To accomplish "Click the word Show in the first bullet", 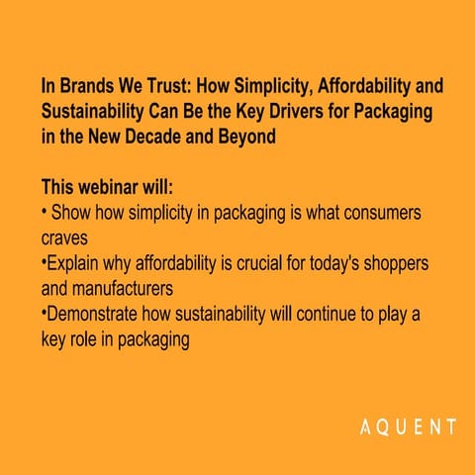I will tap(70, 213).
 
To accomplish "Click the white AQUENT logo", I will tap(407, 428).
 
